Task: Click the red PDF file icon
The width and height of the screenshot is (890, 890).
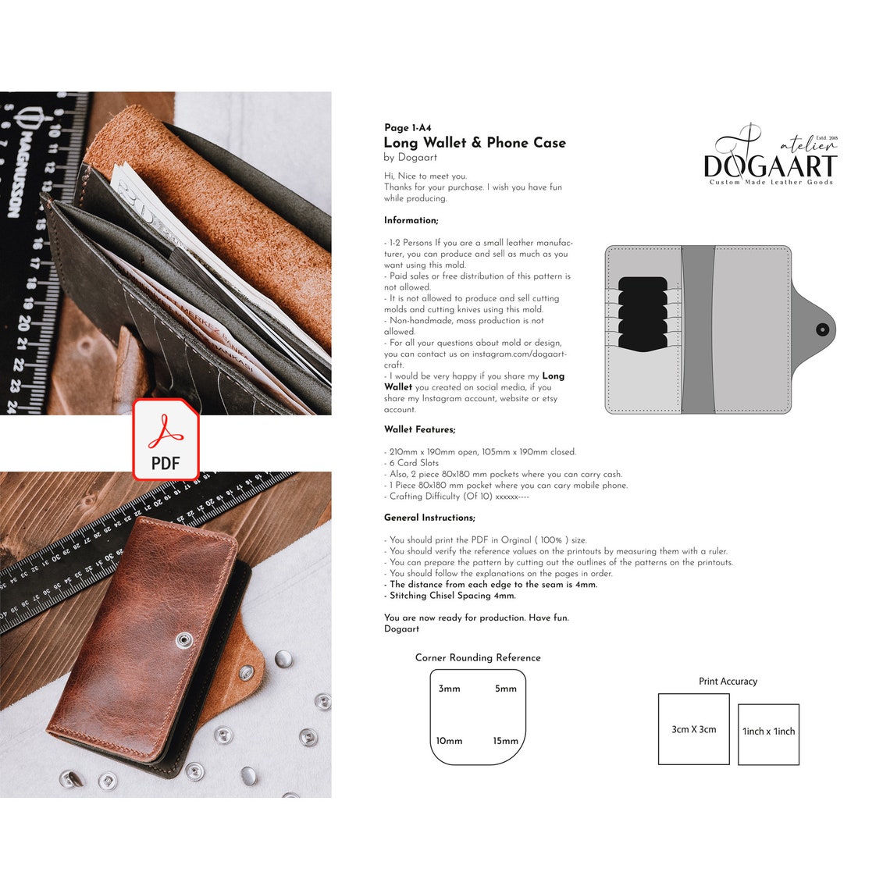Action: (166, 440)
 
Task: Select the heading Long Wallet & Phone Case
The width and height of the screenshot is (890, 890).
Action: (475, 143)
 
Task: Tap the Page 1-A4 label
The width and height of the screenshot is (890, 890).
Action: (408, 128)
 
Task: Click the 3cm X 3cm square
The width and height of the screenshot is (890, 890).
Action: (693, 729)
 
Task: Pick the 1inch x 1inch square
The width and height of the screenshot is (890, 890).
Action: (768, 732)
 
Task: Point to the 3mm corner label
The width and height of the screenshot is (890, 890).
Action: (449, 689)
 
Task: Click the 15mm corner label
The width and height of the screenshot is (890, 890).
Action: (505, 741)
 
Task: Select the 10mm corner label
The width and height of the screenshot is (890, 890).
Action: (449, 741)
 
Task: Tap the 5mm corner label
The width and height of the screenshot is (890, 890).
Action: (506, 689)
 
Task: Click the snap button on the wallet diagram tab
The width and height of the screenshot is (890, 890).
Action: (821, 329)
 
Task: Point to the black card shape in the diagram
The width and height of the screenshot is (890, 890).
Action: (643, 312)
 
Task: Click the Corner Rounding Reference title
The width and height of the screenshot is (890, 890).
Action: (478, 658)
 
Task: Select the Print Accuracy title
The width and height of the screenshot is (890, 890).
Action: (728, 682)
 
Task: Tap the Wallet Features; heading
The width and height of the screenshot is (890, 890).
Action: (419, 429)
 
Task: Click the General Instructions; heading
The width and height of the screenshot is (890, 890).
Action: (429, 518)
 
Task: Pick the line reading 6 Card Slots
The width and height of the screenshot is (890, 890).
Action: (414, 463)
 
